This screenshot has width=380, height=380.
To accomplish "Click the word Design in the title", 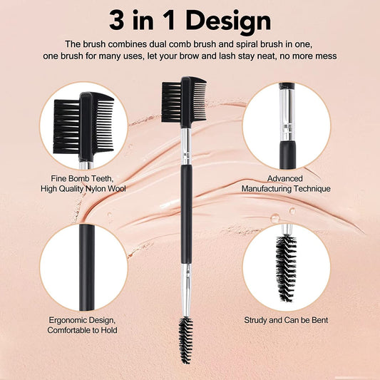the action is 228,21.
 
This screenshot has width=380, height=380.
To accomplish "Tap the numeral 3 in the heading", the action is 117,20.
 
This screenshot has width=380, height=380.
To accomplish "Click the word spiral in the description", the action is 247,44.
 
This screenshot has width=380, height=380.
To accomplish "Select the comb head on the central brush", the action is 184,102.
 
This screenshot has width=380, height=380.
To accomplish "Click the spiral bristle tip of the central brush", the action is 186,340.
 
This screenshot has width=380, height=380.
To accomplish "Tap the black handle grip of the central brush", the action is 186,214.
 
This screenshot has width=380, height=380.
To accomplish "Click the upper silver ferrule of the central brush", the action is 186,146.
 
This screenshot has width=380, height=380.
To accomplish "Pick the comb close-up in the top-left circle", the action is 83,127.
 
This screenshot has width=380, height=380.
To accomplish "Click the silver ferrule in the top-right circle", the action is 287,115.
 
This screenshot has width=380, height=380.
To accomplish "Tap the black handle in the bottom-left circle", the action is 86,267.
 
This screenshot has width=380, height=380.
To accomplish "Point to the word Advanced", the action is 285,179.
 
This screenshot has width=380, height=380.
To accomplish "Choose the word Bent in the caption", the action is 320,320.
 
